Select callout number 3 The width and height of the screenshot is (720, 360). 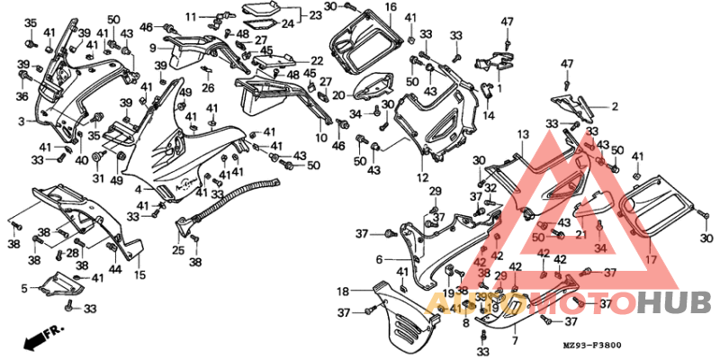point(21,120)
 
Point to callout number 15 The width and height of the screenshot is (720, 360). point(139,274)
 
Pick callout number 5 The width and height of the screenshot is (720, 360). point(23,289)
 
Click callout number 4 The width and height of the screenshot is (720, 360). point(138,189)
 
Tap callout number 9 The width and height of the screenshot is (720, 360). point(153,48)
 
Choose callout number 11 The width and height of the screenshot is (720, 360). point(191,17)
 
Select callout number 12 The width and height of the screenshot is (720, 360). point(422,177)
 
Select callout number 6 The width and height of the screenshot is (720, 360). point(379,259)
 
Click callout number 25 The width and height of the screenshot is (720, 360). point(178,250)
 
